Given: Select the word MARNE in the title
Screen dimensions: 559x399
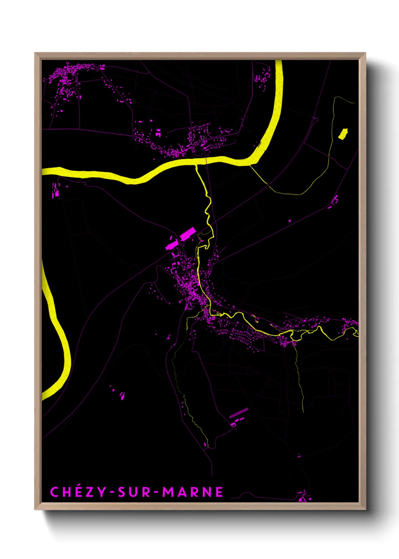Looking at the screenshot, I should click(x=193, y=492).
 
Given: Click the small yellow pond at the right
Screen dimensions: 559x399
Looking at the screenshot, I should click(x=343, y=134).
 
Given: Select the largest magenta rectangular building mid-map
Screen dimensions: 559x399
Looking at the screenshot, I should click(x=187, y=234).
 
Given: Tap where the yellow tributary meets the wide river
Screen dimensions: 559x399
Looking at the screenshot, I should click(x=196, y=165).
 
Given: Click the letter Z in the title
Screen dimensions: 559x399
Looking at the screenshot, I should click(x=89, y=492).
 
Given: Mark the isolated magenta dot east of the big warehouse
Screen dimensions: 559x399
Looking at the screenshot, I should click(x=290, y=221).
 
